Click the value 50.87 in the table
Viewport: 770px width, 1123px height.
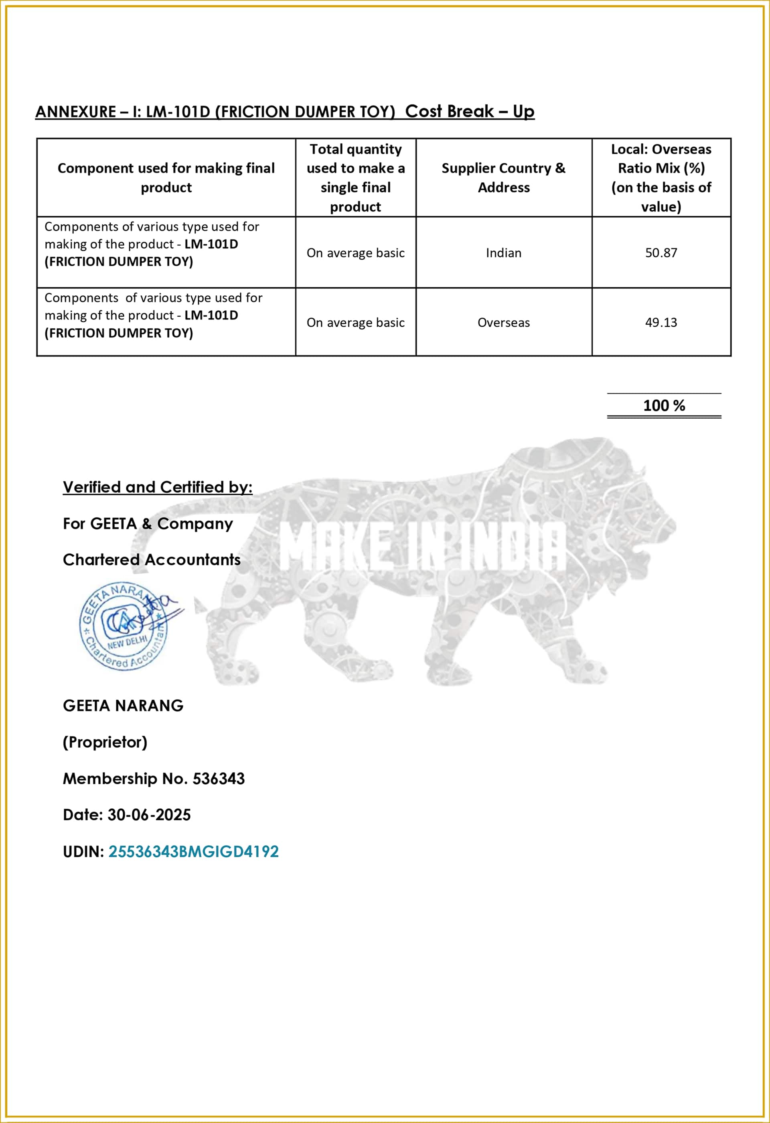coord(661,253)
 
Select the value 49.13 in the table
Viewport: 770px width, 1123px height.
coord(661,322)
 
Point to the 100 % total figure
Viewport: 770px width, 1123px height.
coord(663,405)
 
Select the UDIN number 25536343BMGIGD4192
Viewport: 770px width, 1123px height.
coord(193,851)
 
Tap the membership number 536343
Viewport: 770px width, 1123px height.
coord(218,779)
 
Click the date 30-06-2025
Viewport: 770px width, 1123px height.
coord(149,815)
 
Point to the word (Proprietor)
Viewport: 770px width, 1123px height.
coord(105,742)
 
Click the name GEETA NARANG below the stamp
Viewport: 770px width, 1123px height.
coord(123,706)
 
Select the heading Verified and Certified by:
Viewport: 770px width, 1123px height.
coord(157,486)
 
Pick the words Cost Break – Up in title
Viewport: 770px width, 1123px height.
coord(469,111)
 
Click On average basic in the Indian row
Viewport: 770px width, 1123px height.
coord(355,253)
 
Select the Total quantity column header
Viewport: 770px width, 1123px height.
coord(355,177)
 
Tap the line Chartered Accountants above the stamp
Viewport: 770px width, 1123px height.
coord(152,559)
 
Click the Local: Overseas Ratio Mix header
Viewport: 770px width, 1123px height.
coord(661,177)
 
